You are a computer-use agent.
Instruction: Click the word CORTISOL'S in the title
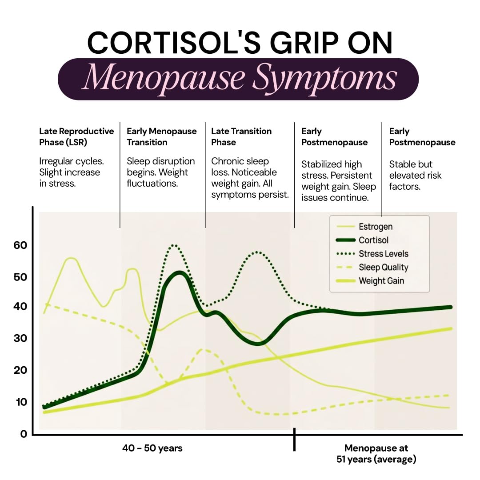tap(174, 43)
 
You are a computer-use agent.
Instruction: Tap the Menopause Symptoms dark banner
tap(238, 79)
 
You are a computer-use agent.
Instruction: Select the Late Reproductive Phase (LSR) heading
tap(76, 137)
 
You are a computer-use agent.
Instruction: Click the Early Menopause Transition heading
tap(162, 137)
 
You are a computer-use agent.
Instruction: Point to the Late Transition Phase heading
tap(241, 137)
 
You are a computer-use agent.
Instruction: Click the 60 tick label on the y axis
tap(20, 245)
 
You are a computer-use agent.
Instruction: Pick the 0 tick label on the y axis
tap(24, 434)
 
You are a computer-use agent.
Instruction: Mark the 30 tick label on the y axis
tap(20, 338)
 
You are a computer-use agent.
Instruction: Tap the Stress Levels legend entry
tap(372, 254)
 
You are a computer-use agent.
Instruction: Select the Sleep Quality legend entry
tap(372, 267)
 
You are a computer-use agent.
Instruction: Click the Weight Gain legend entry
tap(370, 281)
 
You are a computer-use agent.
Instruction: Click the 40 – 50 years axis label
tap(152, 448)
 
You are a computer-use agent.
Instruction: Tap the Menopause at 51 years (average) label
tap(376, 454)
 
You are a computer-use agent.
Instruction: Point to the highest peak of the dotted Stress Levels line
tap(174, 245)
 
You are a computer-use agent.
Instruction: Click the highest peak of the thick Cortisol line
tap(180, 273)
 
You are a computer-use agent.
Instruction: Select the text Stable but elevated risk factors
tap(416, 176)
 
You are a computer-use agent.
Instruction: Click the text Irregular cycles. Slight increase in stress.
tap(71, 172)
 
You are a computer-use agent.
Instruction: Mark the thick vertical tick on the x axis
tap(295, 440)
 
